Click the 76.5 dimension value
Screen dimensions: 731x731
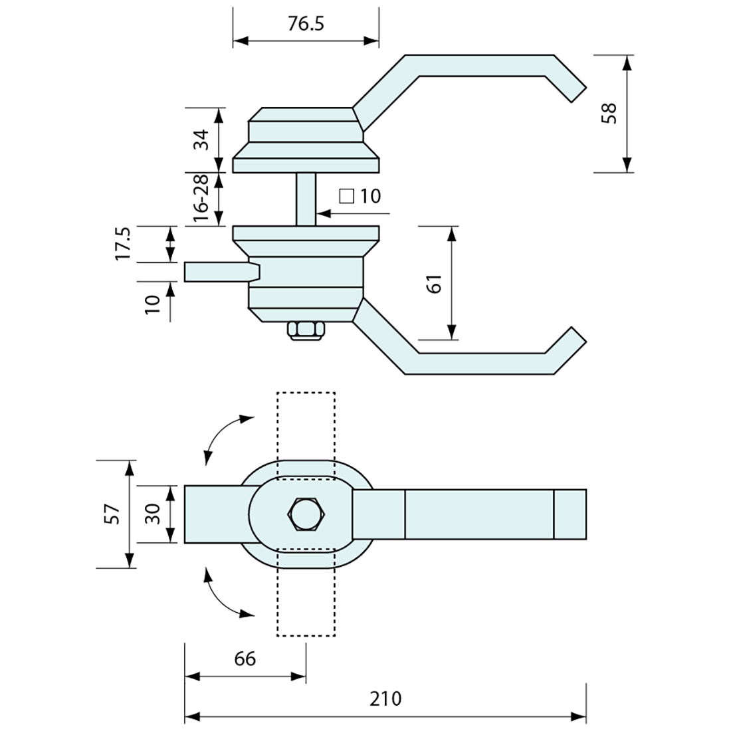coord(306,24)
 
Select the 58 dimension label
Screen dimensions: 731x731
coord(609,113)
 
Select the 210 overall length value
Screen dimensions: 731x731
coord(386,698)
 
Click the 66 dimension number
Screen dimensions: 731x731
coord(245,658)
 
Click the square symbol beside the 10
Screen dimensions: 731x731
coord(346,196)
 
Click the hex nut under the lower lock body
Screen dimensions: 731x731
coord(306,330)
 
